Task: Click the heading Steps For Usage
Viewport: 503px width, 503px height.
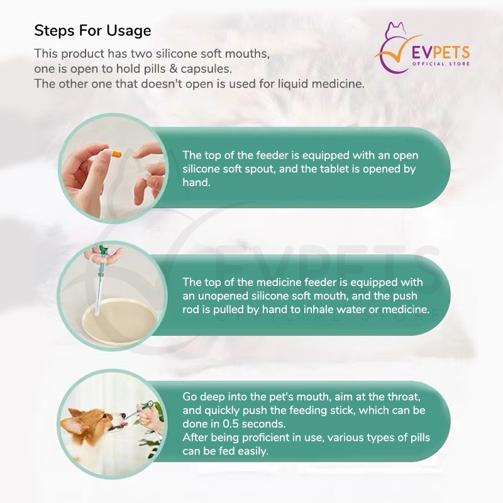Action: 92,31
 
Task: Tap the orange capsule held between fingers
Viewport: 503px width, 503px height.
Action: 115,154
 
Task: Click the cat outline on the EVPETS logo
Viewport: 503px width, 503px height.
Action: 395,30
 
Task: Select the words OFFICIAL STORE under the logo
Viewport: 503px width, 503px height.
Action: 441,64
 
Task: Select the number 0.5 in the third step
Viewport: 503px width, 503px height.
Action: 230,424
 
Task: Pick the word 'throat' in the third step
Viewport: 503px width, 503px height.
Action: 404,397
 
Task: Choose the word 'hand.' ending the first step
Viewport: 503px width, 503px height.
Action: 196,182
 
